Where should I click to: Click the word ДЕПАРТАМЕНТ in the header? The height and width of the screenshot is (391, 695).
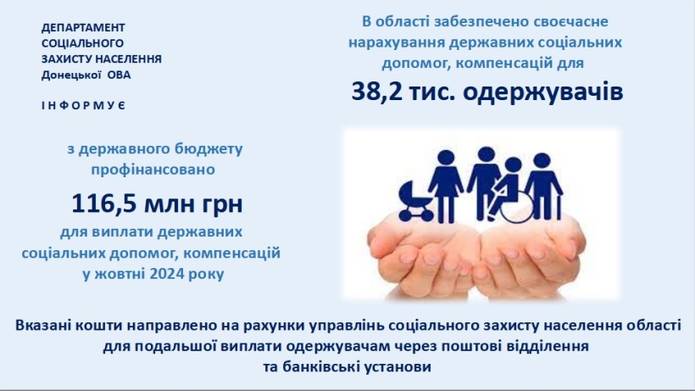click(x=83, y=27)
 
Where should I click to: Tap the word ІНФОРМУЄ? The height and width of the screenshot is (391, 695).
click(x=84, y=105)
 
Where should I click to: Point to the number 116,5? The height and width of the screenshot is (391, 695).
click(x=104, y=204)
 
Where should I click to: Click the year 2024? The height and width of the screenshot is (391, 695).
click(x=167, y=273)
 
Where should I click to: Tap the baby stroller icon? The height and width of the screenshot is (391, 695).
click(x=415, y=201)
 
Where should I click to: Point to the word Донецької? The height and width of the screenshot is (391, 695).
click(x=71, y=75)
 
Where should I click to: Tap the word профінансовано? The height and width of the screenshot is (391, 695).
click(x=153, y=170)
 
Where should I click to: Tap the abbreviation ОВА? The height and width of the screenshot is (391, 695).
click(x=120, y=75)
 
